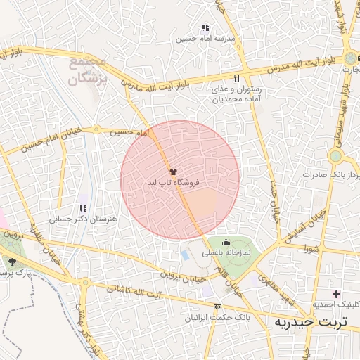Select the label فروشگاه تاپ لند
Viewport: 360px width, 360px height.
[173, 182]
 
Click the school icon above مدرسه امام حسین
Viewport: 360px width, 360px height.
[205, 27]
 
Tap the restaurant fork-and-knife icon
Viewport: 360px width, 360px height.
[236, 78]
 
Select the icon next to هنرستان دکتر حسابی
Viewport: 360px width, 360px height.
[83, 208]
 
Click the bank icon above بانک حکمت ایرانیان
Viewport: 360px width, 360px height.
[217, 307]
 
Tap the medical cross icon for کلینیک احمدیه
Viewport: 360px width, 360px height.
[336, 293]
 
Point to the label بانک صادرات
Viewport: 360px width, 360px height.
[327, 173]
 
